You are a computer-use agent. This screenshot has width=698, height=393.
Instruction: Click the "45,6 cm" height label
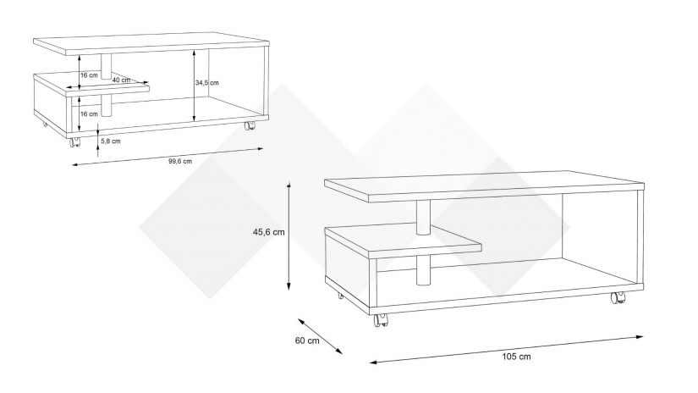click(268, 232)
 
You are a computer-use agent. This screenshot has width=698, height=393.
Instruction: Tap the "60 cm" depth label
click(307, 340)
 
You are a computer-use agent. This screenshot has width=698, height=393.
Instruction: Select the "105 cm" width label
click(516, 357)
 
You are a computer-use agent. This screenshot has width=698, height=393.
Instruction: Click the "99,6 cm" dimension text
click(180, 161)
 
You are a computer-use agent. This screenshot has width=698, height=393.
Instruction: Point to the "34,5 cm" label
click(207, 82)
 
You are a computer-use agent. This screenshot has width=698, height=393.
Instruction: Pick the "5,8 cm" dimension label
click(110, 141)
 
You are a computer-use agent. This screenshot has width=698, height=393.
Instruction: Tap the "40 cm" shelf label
click(121, 80)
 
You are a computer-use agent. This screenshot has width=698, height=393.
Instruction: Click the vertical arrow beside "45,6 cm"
click(289, 236)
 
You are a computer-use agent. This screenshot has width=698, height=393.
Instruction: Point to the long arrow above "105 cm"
click(507, 349)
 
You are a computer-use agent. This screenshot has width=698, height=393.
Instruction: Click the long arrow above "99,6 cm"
click(168, 157)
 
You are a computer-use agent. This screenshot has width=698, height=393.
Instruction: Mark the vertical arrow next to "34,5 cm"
click(194, 85)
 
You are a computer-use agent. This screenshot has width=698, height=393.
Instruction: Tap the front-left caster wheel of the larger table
click(381, 320)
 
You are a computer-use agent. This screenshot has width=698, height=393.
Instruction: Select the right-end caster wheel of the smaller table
click(250, 125)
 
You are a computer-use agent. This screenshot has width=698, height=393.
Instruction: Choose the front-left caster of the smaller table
click(74, 141)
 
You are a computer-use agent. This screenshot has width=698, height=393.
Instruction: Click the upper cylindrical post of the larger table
click(424, 217)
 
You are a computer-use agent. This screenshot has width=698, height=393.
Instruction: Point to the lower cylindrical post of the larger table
click(424, 270)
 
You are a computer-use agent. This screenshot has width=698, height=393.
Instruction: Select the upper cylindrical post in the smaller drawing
click(106, 67)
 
